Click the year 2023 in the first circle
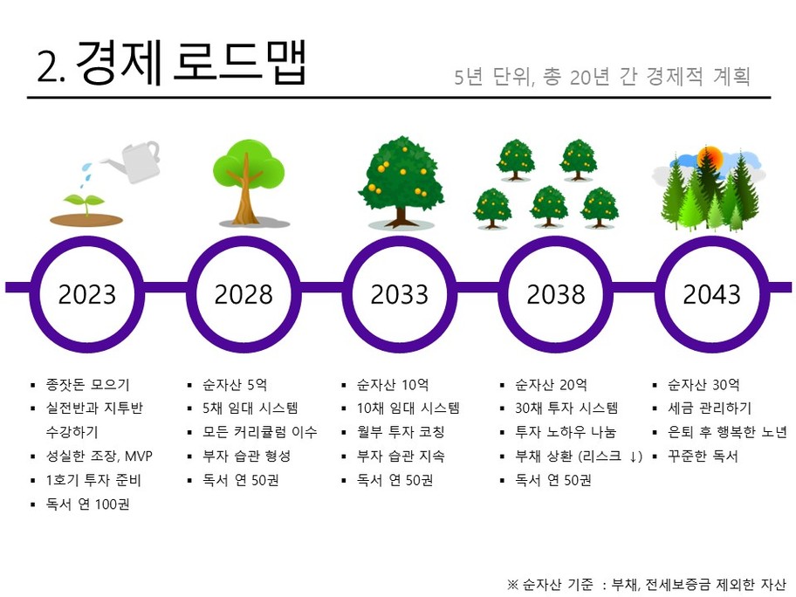[x=86, y=294]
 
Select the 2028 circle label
[x=244, y=294]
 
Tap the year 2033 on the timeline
[x=400, y=294]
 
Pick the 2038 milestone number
[x=556, y=294]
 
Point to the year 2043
[x=711, y=294]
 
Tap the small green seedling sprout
[x=85, y=203]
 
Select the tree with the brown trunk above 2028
[x=248, y=182]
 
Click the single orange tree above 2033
[x=401, y=182]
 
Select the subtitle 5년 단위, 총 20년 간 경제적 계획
[x=602, y=77]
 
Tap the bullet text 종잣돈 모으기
[x=88, y=385]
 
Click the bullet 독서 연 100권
[x=88, y=504]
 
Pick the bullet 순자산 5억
[x=235, y=385]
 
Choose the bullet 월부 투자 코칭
[x=401, y=432]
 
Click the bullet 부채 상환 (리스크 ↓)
[x=579, y=456]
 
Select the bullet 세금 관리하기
[x=710, y=408]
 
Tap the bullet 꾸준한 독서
[x=703, y=456]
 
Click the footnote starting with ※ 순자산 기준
[x=646, y=585]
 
